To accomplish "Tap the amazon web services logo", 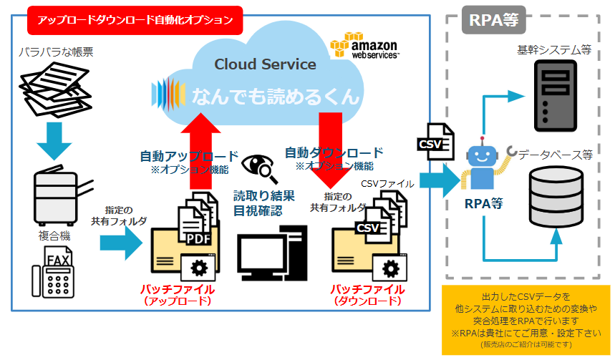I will click(364, 46).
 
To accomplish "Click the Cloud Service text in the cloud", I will click(265, 64).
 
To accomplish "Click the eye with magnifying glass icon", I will click(257, 169).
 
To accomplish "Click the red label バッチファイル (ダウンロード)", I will click(367, 295).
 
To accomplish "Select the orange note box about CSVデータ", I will click(526, 320).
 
